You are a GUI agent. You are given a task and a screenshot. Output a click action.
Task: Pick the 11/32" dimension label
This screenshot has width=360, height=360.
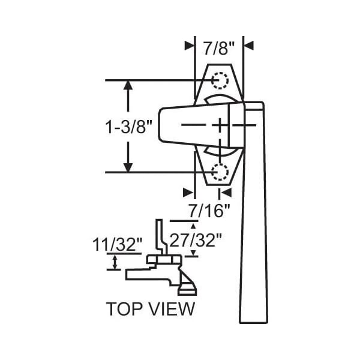coord(118,245)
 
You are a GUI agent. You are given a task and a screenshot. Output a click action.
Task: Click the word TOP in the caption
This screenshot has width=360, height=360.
coord(123,309)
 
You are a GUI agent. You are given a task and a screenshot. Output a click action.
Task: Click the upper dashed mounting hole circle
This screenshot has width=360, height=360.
coord(220,80)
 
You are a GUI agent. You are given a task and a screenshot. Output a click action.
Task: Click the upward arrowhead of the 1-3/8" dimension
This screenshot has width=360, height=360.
coord(128,86)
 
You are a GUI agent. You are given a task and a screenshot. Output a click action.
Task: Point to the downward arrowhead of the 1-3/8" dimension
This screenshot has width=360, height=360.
coord(128,166)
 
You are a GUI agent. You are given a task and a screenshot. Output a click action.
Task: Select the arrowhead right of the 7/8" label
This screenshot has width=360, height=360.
coord(248,45)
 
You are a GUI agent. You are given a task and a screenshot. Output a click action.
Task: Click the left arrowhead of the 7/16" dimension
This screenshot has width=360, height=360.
coord(190,193)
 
